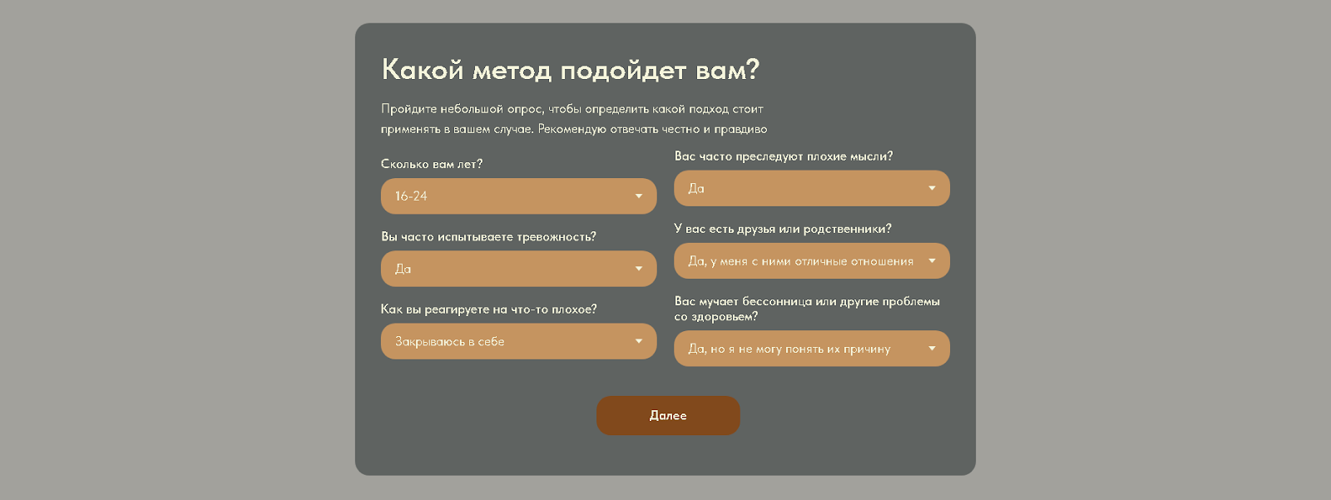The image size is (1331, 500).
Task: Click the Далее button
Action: coord(668,416)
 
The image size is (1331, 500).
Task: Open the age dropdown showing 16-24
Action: coord(518,196)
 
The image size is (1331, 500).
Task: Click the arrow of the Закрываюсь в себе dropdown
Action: coord(639,341)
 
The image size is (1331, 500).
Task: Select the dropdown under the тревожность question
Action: coord(518,269)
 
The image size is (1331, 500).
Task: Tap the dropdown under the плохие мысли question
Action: coord(812,189)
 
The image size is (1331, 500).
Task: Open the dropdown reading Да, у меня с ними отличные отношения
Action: coord(812,261)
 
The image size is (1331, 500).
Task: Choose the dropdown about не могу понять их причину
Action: coord(812,349)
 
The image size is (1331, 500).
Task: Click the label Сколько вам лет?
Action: coord(432,164)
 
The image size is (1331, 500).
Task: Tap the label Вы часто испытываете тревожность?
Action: coord(488,236)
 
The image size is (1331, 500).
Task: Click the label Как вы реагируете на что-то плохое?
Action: coord(488,309)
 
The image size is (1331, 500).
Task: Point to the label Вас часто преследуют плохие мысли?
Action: coord(783,156)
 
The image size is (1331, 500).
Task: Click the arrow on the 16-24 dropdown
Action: coord(639,196)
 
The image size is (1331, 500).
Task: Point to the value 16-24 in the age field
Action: coord(411,196)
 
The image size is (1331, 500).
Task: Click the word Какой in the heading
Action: coord(423,70)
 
